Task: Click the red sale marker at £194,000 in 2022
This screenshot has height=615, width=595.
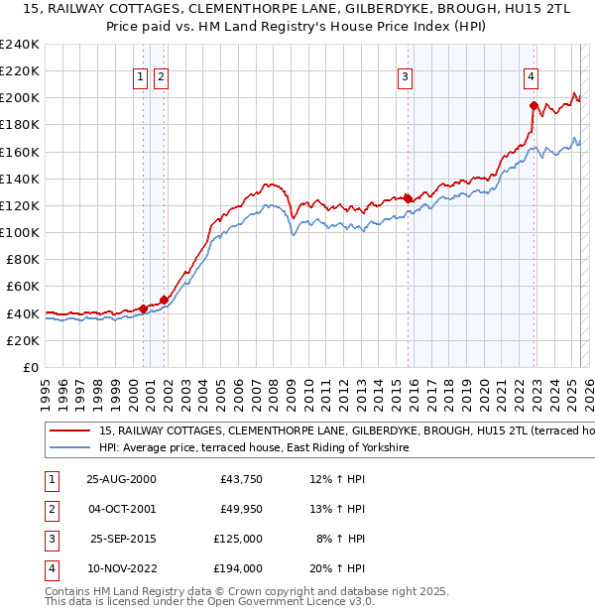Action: (534, 105)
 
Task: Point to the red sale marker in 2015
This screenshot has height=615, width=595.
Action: (409, 198)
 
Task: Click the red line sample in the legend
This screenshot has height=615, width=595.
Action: (69, 431)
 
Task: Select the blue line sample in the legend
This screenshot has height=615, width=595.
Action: (69, 448)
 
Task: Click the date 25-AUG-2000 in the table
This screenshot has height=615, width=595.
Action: (121, 479)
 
